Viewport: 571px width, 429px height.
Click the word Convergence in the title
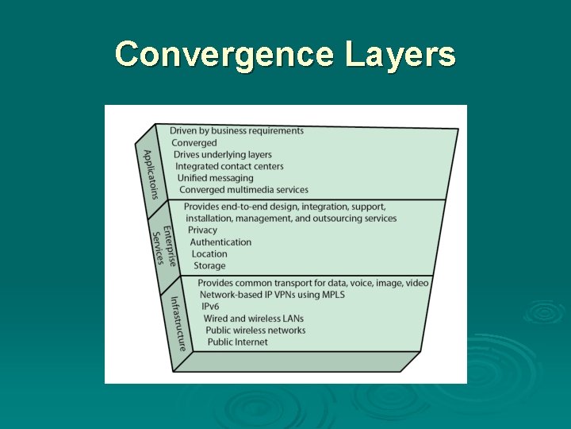pyautogui.click(x=224, y=55)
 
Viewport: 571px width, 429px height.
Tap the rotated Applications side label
pyautogui.click(x=150, y=174)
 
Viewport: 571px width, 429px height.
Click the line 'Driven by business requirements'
pyautogui.click(x=236, y=130)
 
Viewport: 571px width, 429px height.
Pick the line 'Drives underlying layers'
pyautogui.click(x=223, y=154)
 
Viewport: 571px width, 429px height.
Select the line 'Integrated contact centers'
pyautogui.click(x=229, y=166)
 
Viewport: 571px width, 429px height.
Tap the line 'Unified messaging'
pyautogui.click(x=216, y=178)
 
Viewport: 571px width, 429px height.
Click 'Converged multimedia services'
pyautogui.click(x=243, y=190)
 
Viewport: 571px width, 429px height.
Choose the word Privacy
pyautogui.click(x=202, y=230)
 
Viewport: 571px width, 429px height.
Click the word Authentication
pyautogui.click(x=220, y=242)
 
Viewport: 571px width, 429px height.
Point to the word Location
pyautogui.click(x=209, y=253)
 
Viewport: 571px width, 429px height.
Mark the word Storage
pyautogui.click(x=209, y=265)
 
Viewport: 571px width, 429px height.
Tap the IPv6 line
pyautogui.click(x=210, y=307)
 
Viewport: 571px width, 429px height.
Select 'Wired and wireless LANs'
pyautogui.click(x=253, y=319)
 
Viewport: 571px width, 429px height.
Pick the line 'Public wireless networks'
pyautogui.click(x=255, y=330)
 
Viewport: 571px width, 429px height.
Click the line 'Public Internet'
pyautogui.click(x=238, y=342)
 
